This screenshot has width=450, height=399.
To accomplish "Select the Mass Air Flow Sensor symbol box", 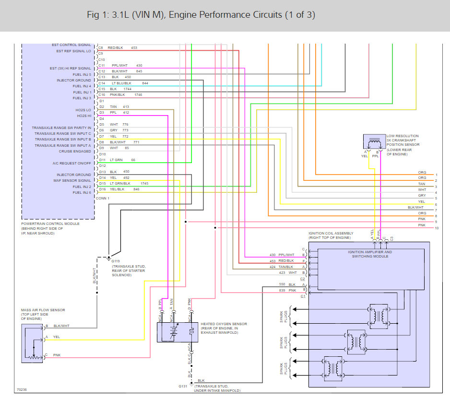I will [x=32, y=343].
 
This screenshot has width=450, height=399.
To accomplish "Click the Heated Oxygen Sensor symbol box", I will [x=177, y=332].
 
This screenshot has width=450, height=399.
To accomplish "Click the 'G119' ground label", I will [x=116, y=261].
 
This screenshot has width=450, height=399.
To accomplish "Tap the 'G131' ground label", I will [x=183, y=386].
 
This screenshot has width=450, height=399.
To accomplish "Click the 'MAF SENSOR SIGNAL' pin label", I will [x=72, y=181].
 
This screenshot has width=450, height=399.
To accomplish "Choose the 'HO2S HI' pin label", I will [x=83, y=116].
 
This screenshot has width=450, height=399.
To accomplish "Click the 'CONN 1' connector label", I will [x=103, y=198].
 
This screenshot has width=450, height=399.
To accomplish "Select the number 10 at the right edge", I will [x=437, y=228].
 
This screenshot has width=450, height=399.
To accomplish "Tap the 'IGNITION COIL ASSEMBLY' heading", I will [x=331, y=233].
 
